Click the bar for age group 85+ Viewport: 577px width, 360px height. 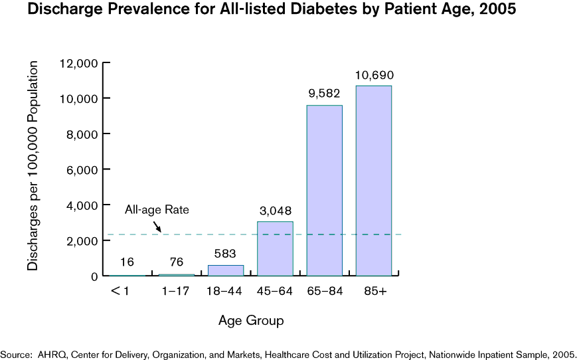point(374,181)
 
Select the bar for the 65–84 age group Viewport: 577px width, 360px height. point(324,191)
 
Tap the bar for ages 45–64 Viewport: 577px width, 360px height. point(275,248)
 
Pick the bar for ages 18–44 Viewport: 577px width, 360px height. point(226,270)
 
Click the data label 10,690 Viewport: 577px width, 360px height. point(374,75)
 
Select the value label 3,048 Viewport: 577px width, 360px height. point(275,211)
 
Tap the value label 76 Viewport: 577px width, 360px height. point(176,263)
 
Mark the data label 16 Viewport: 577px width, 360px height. point(127,263)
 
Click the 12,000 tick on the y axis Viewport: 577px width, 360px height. point(79,63)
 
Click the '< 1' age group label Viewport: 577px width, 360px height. point(120,292)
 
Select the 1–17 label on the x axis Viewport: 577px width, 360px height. point(176,292)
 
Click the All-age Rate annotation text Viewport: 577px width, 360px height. point(157,210)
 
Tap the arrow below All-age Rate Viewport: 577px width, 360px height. point(157,226)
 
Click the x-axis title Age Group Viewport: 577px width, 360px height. point(251,321)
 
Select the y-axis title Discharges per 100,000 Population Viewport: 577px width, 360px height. point(33,165)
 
